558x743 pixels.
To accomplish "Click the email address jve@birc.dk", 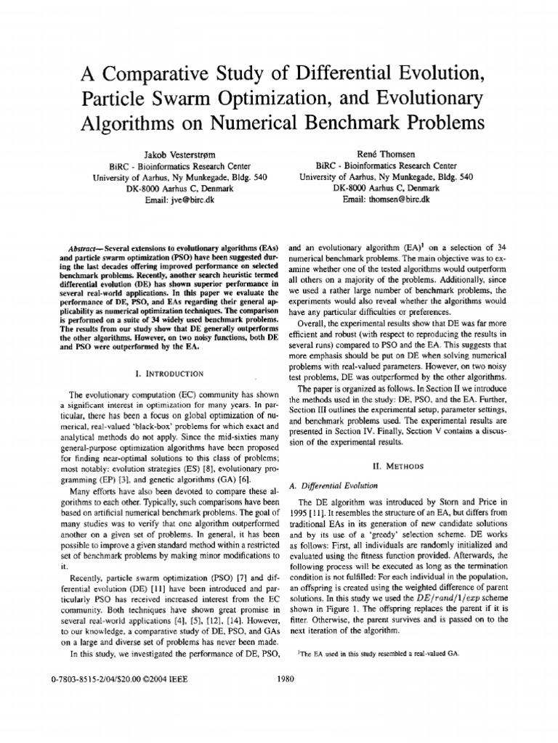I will click(182, 199).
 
